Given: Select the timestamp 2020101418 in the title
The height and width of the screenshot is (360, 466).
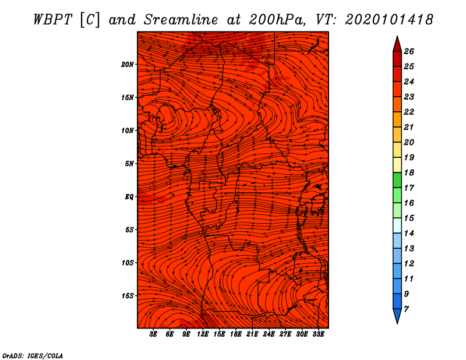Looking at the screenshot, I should [389, 19].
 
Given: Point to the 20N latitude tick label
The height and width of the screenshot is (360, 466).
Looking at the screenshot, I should [128, 64].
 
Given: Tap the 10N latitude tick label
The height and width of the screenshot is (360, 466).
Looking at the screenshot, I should [128, 130].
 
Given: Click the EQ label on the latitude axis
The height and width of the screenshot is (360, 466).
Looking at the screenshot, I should [129, 196].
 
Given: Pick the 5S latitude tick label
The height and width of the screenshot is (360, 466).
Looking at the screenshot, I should [129, 230].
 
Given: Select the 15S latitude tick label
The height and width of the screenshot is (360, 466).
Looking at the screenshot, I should [128, 296].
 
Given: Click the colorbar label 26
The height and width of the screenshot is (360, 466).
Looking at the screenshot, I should [409, 51].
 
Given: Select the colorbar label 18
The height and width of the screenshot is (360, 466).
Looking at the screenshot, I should [409, 172].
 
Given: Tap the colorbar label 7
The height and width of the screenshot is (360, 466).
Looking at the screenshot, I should [407, 309].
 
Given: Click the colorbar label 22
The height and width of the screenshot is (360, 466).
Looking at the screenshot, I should [409, 112].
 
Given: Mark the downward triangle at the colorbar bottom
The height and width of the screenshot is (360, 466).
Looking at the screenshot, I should [397, 316].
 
